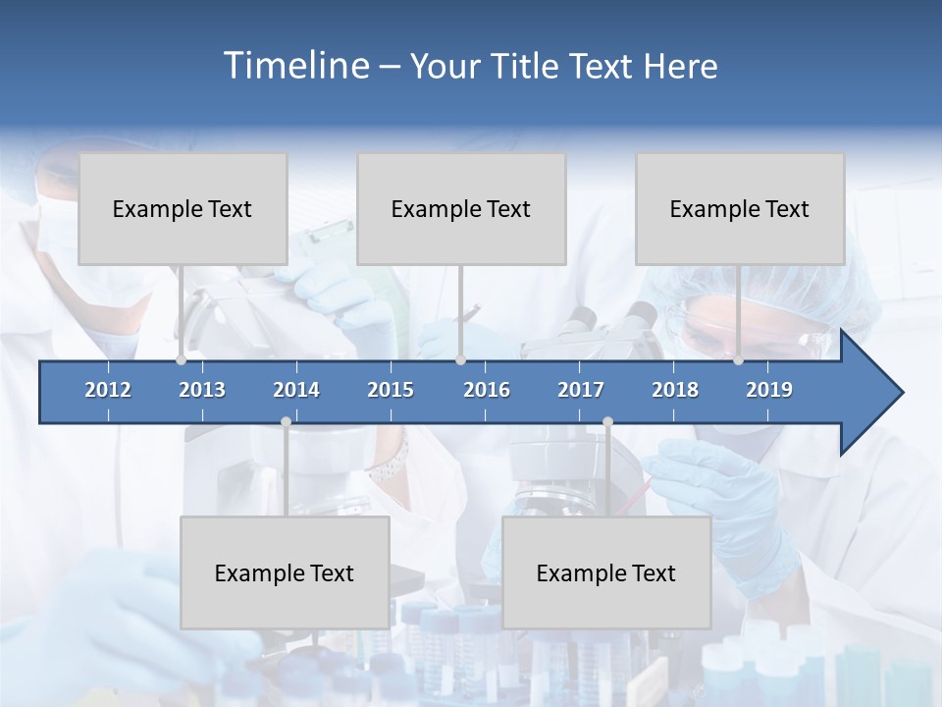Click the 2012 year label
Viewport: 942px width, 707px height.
pos(108,390)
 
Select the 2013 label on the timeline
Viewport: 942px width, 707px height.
pos(202,390)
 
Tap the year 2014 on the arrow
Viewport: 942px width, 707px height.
pos(296,390)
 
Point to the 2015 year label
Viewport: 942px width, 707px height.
pos(391,390)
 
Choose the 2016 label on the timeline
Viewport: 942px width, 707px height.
pos(487,390)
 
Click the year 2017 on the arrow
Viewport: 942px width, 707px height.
pos(581,390)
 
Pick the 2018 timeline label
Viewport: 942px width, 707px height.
pos(675,390)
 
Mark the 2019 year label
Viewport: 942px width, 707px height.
pos(769,390)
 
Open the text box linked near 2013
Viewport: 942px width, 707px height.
pos(183,208)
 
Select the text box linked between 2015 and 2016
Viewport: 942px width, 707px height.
pos(461,208)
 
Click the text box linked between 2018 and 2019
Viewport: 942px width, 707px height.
pos(740,208)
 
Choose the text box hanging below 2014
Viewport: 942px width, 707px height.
pos(285,572)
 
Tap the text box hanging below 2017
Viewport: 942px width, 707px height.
pos(606,572)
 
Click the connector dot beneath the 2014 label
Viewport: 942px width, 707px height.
pos(286,422)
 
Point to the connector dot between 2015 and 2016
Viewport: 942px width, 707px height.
pos(460,360)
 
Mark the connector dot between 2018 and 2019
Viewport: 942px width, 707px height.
pos(738,360)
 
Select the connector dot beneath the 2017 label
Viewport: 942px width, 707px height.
pos(607,422)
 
